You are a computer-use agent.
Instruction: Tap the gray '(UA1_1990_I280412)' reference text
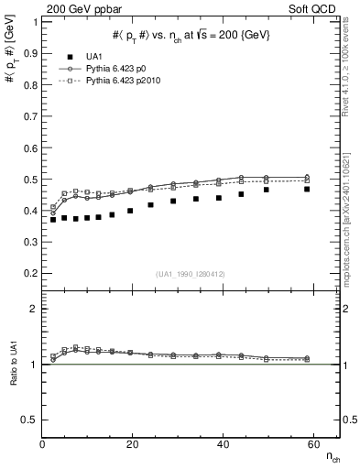[191, 275]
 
